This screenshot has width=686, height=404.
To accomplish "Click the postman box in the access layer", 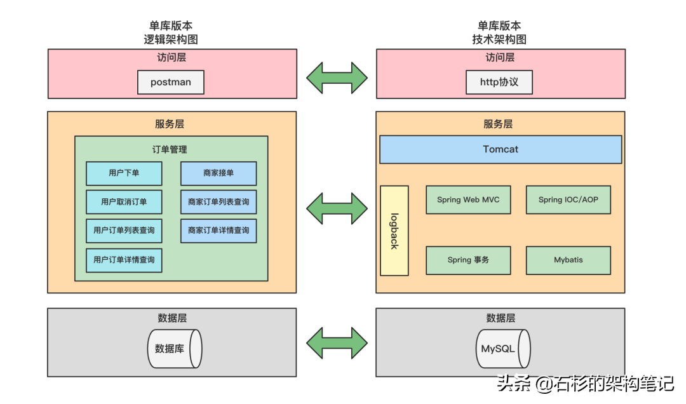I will coord(171,83).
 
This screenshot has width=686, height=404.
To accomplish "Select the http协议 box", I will coord(499,83).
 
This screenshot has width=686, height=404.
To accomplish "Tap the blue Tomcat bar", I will coord(500,149).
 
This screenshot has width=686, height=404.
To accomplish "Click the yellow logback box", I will coord(394,231).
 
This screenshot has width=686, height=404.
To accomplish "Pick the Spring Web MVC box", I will coord(468,199).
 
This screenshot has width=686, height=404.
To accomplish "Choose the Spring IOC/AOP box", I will coord(568,199).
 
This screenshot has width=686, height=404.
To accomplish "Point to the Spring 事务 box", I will coord(468,260).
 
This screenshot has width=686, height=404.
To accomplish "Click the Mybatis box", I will coord(568,260).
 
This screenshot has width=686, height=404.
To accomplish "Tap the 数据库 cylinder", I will coord(173,349).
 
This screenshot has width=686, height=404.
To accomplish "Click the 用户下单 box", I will coord(124,173).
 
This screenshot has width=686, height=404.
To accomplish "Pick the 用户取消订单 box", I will coord(124,202).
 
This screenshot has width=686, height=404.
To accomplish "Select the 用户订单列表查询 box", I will coord(124,231).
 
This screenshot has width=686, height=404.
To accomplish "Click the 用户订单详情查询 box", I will coord(124,260).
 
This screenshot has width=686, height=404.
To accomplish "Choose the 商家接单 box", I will coord(219,173).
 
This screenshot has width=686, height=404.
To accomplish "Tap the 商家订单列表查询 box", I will coord(219,202).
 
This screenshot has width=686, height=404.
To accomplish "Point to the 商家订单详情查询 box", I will coord(219,231).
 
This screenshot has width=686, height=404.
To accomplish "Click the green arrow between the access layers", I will coord(337,77).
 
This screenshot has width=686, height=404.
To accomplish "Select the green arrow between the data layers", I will coord(337,344).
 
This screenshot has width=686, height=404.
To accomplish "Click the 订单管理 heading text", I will coord(170,150).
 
